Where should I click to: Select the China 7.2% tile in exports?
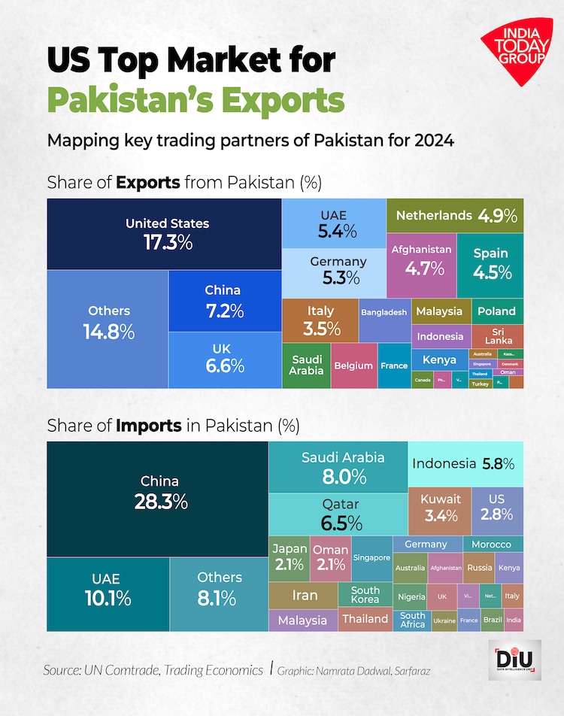[223, 300]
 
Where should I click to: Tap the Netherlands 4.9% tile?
[455, 216]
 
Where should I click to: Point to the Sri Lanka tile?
[498, 336]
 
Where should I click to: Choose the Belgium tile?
[353, 366]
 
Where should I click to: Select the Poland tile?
[497, 311]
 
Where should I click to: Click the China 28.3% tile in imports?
[159, 492]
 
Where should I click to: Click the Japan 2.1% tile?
[289, 557]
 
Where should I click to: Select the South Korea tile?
[365, 595]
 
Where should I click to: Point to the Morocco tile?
[491, 544]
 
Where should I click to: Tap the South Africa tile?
[412, 620]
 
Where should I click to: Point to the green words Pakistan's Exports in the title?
[196, 99]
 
